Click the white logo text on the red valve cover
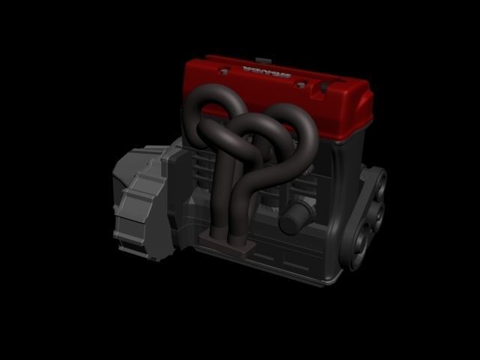point(267,72)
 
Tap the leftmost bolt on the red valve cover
point(223,72)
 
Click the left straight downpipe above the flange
point(219,202)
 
